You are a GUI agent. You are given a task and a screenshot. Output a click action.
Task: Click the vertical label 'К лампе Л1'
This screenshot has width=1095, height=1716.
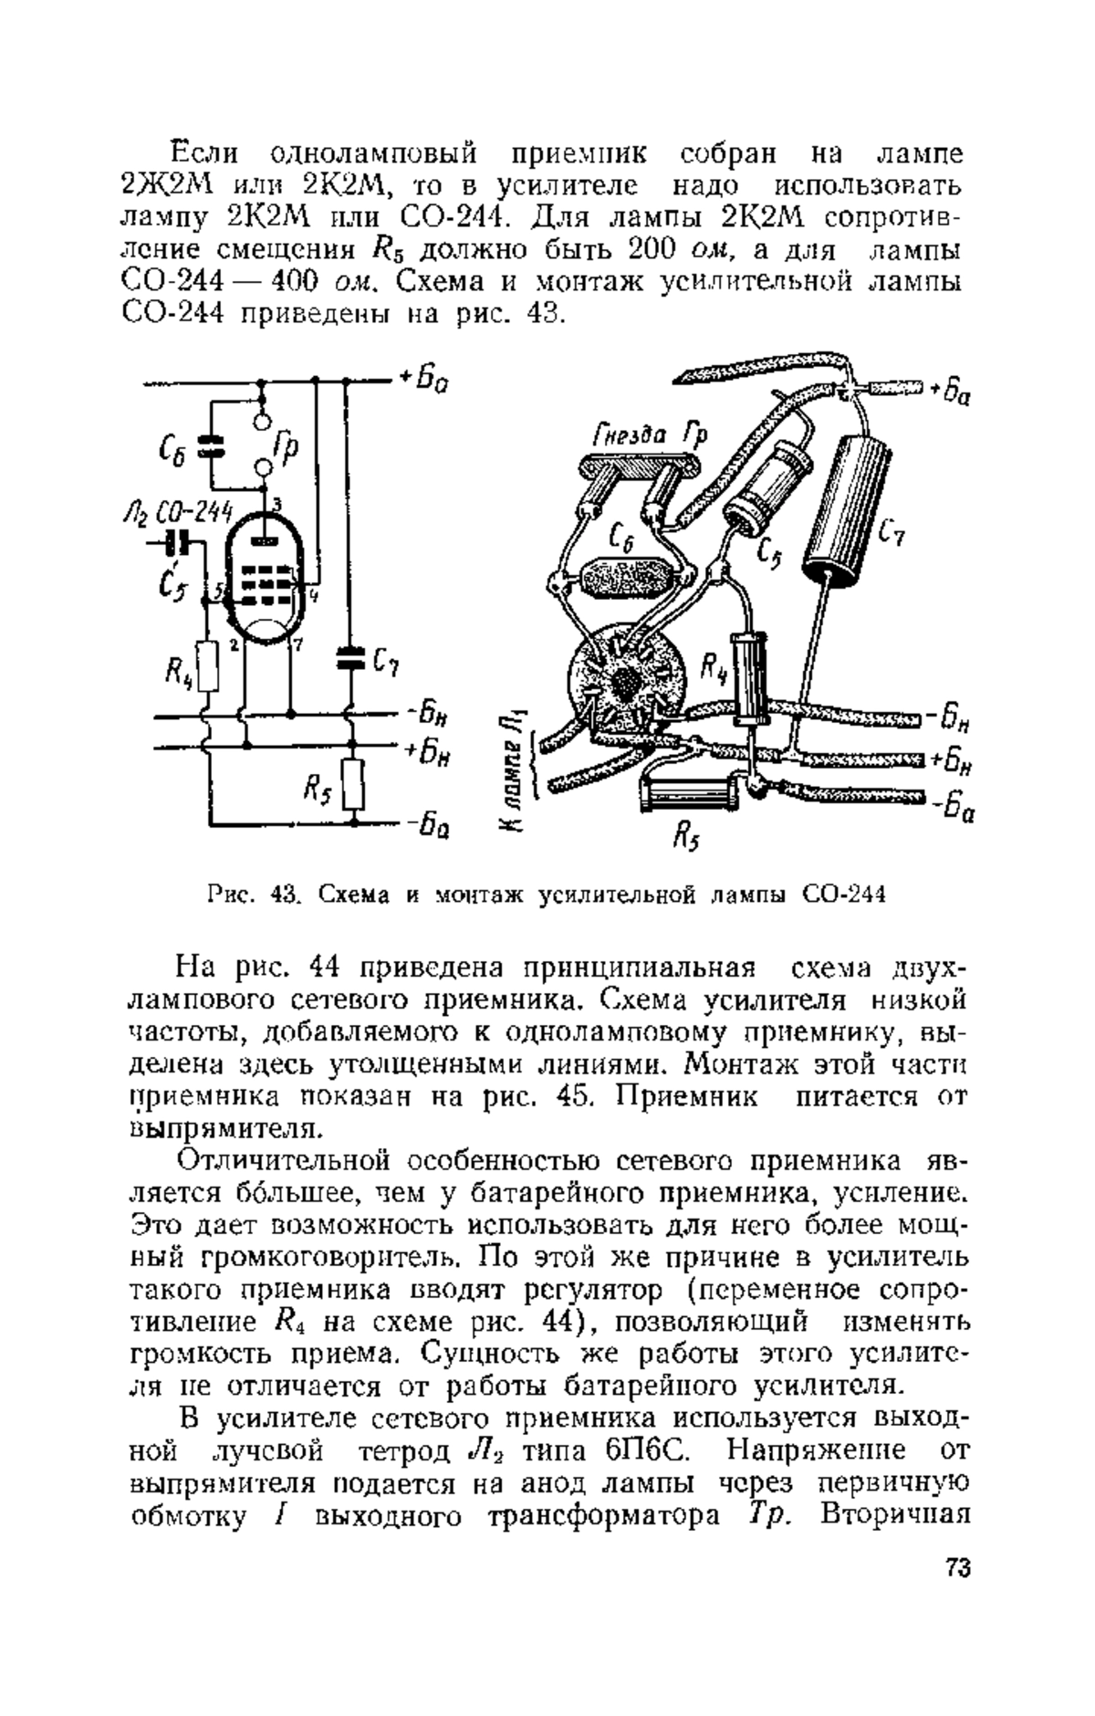pyautogui.click(x=515, y=771)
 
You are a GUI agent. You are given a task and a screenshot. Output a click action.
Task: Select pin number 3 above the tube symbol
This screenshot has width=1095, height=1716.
pyautogui.click(x=277, y=503)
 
